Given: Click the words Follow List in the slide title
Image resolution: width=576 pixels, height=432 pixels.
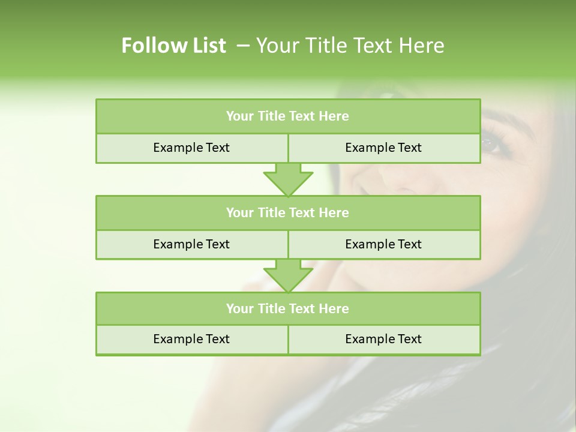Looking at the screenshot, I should click(173, 46).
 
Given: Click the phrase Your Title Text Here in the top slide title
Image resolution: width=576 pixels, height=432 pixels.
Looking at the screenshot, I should click(350, 46).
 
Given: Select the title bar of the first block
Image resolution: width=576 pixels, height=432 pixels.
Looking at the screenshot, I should click(287, 116).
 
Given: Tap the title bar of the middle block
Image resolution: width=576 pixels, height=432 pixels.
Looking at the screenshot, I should click(287, 212).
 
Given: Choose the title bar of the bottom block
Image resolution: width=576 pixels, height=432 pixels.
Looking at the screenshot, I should click(287, 308).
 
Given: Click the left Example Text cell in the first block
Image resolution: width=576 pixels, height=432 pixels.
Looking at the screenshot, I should click(191, 148).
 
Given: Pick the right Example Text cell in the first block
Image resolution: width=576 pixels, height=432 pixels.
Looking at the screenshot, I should click(383, 148).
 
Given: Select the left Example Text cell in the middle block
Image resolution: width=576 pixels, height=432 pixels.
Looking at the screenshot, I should click(191, 244).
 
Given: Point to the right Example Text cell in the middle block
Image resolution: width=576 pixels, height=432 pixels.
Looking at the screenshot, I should click(383, 244).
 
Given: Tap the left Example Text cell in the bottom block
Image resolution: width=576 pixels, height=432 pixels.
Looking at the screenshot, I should click(191, 339).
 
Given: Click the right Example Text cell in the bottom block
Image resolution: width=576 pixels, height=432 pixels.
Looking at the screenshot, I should click(383, 339).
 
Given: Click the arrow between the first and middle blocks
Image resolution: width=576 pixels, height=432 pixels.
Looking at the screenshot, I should click(288, 179).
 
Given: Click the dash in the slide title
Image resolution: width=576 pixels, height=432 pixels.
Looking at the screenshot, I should click(243, 46).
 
